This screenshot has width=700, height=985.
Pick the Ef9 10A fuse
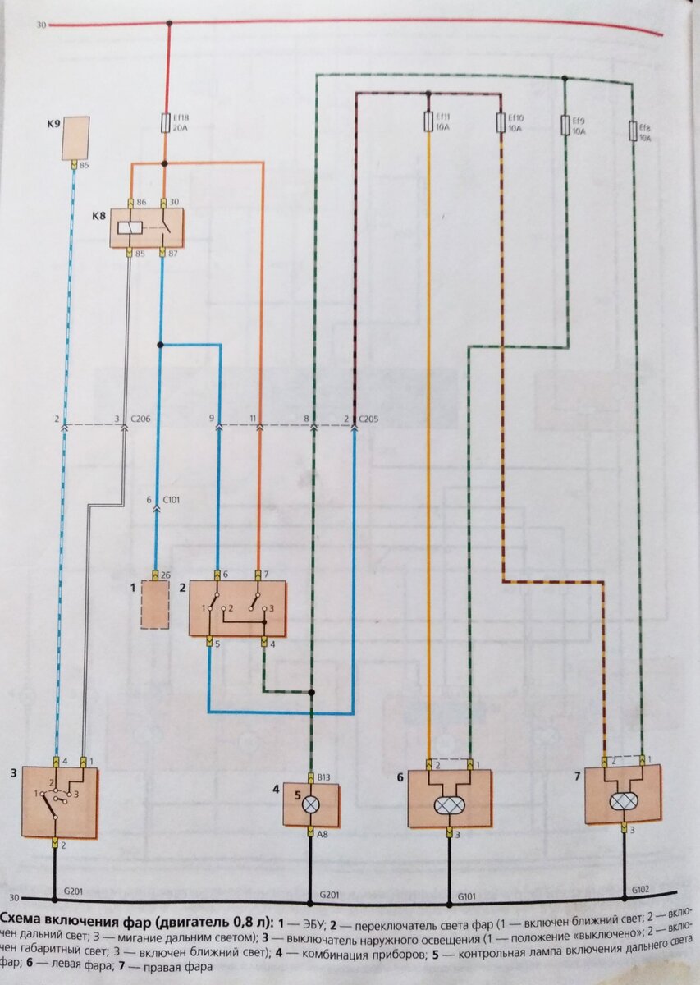(565, 126)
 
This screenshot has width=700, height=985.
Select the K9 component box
(75, 136)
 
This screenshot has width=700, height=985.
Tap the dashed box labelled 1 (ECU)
(154, 604)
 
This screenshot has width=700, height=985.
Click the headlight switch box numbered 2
(238, 608)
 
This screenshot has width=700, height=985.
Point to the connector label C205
(369, 419)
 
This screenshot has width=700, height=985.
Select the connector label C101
(172, 499)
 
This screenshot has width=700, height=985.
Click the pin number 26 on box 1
(166, 574)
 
